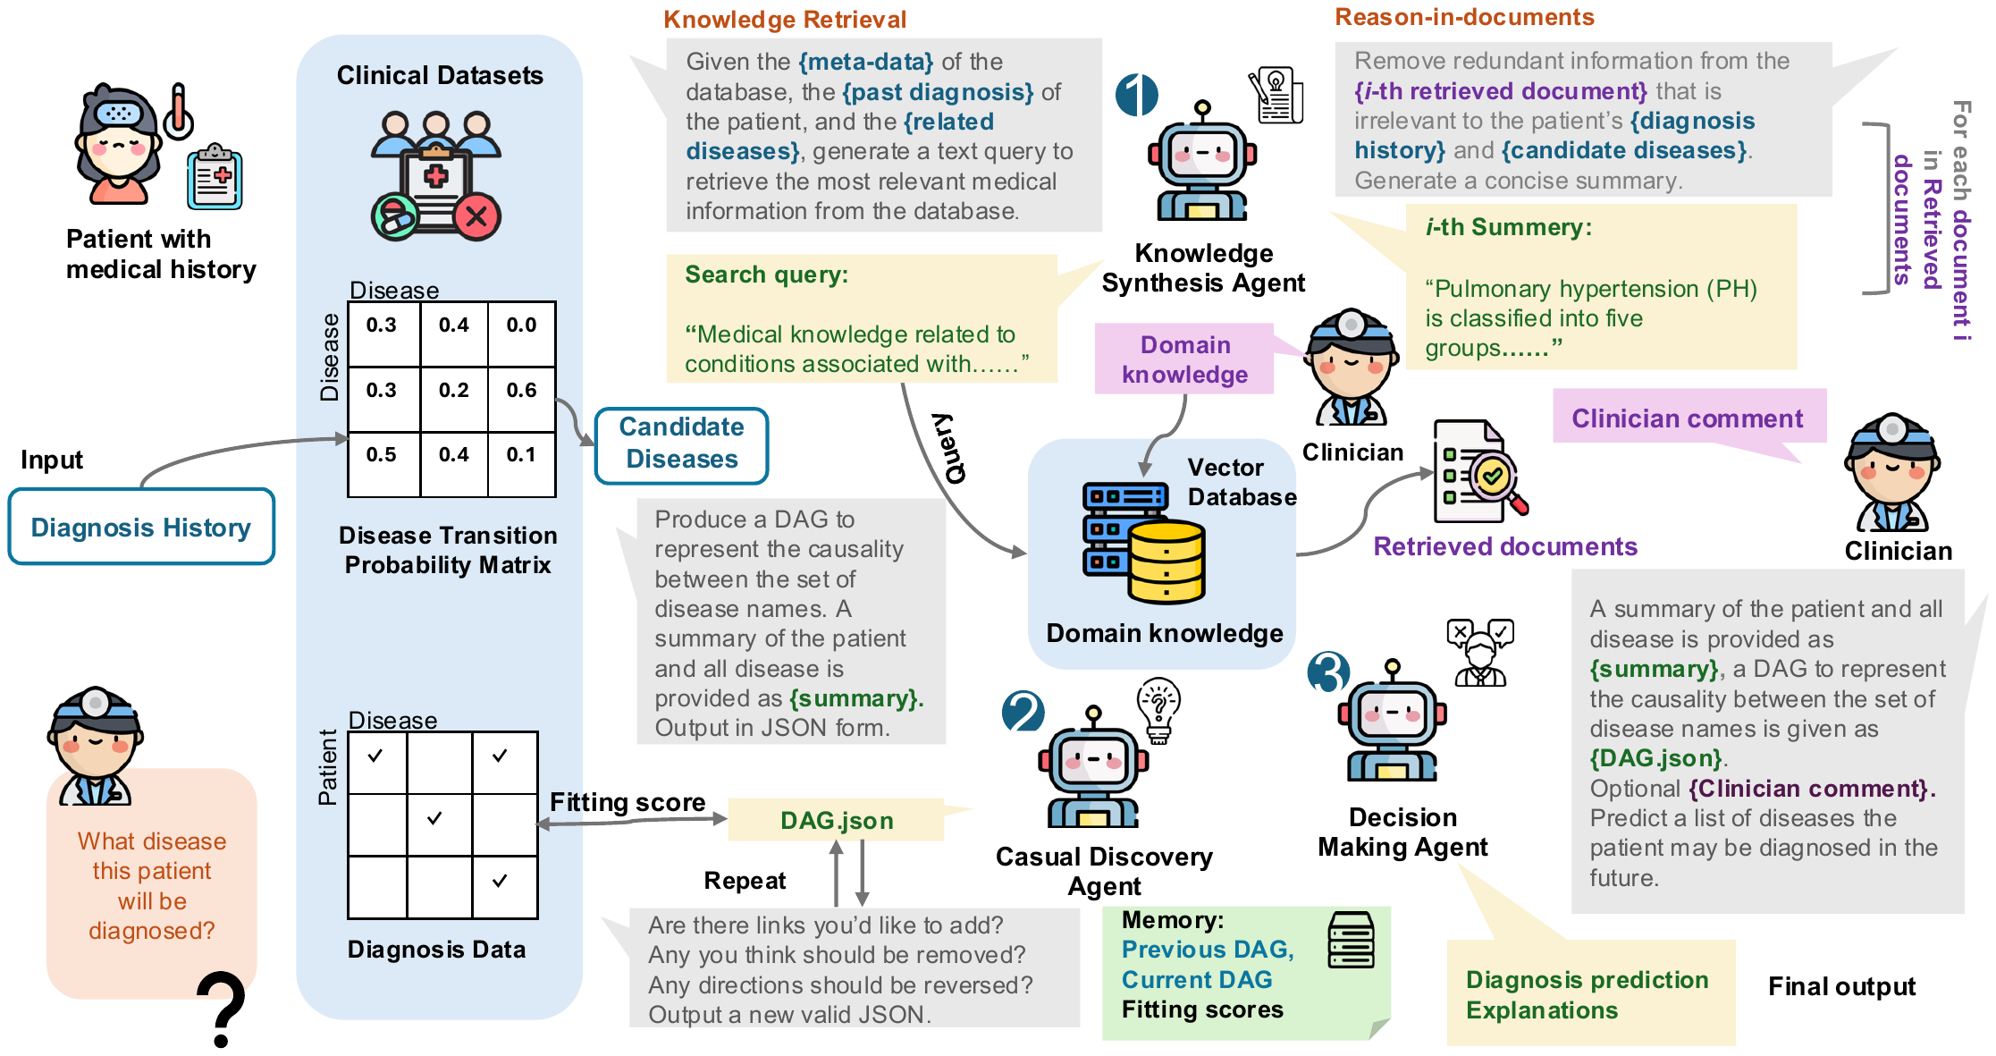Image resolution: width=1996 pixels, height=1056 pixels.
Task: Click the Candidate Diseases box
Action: pos(681,445)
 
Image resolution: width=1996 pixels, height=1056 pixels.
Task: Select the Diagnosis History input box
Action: pos(141,527)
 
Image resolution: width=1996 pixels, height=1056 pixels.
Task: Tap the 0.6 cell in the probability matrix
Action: pos(522,391)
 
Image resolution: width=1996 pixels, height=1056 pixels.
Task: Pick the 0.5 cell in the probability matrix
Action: pos(382,455)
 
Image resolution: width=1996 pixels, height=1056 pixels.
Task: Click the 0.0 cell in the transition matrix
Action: pos(522,325)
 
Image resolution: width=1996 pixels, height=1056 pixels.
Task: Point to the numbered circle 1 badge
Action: pos(1136,95)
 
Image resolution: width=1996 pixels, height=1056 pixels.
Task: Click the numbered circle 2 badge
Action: pos(1023,712)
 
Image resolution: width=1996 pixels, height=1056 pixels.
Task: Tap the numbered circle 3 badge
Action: pos(1328,672)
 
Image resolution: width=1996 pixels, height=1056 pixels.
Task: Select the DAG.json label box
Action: pos(836,820)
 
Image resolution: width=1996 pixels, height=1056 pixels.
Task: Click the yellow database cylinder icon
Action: pos(1166,562)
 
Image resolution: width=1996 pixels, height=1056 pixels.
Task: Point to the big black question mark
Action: pos(221,1009)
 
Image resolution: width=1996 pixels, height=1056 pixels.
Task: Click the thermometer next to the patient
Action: pos(179,111)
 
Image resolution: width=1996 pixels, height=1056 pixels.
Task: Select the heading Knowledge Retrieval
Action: pos(785,20)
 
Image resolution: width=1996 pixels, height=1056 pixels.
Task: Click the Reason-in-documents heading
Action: pos(1464,17)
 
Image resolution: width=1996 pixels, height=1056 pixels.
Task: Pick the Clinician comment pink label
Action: pos(1688,418)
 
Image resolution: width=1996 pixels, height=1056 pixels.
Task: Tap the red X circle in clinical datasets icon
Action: pos(477,215)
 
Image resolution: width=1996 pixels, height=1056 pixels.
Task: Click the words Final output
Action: pos(1841,986)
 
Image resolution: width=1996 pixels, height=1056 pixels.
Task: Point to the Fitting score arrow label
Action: pos(627,802)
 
